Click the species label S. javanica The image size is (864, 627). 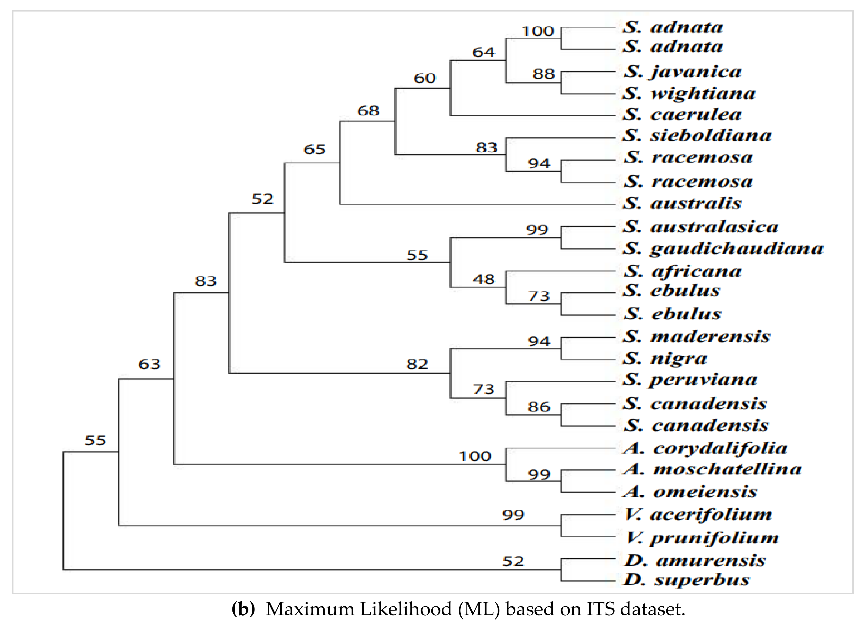682,72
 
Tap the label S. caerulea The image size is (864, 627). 682,114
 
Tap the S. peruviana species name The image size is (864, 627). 690,380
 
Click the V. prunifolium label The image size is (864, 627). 702,538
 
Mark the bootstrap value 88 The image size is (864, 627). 544,74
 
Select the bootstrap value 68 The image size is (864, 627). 368,111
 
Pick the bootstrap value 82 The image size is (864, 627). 417,364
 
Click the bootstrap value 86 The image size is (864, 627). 539,407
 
